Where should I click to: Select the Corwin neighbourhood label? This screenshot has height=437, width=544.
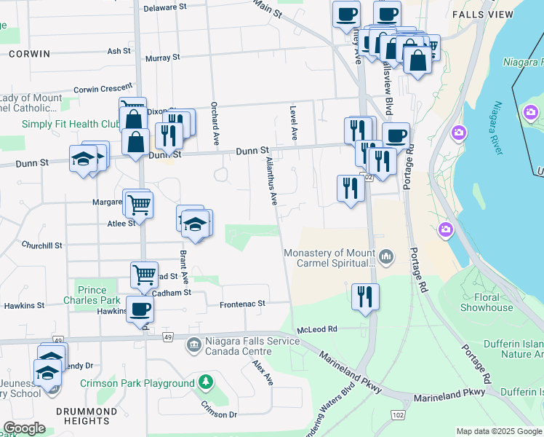tap(30, 54)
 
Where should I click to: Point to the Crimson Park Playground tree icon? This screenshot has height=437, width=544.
tap(206, 382)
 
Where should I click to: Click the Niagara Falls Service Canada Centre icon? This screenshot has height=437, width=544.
tap(193, 344)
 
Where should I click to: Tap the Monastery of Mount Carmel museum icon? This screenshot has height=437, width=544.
tap(385, 256)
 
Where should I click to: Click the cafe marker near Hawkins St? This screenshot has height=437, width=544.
tap(140, 309)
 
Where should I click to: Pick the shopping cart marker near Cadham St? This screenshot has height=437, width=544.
tap(144, 275)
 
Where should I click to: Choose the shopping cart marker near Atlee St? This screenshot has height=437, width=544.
tap(138, 205)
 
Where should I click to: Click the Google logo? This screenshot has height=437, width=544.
tap(24, 428)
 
